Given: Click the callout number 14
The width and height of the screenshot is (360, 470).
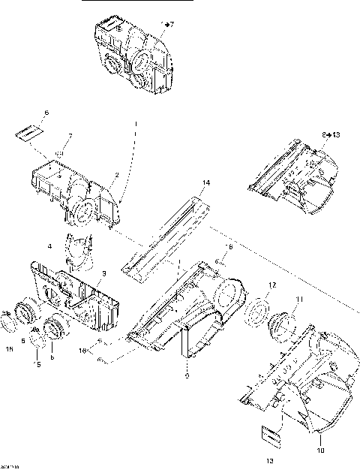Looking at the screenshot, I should click(206, 182).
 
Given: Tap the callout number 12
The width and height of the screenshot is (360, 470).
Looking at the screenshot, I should click(272, 285).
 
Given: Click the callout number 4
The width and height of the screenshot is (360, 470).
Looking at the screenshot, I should click(49, 246).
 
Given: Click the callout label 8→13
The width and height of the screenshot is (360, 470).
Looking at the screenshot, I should click(331, 134).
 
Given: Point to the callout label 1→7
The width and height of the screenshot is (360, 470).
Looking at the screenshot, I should click(167, 25).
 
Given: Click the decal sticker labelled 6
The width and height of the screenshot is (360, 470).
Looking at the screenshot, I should click(27, 133).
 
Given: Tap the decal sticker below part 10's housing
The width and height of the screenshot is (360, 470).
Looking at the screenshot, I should click(271, 432).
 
